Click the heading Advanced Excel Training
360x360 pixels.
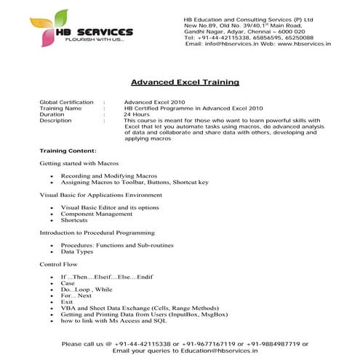click(x=184, y=82)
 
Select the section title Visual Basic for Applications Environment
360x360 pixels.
click(x=100, y=195)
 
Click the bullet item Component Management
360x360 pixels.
click(x=96, y=214)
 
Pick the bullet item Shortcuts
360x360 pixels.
click(x=74, y=220)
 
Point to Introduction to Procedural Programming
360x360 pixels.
click(x=97, y=233)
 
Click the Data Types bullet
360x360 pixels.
click(x=76, y=251)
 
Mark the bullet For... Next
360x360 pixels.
click(x=76, y=296)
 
